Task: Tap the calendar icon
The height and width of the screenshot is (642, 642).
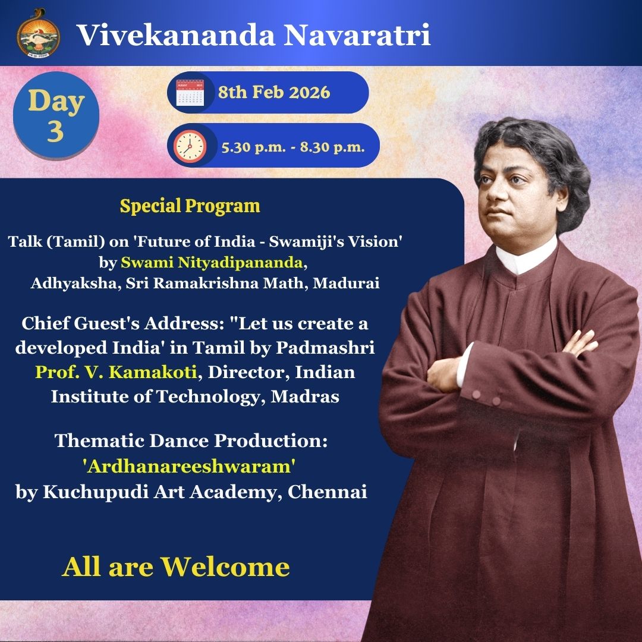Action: click(190, 93)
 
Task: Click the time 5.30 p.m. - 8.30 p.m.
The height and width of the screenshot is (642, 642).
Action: click(292, 146)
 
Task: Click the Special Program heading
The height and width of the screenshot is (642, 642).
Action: click(190, 206)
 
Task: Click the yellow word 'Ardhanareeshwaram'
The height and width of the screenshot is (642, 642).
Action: click(190, 467)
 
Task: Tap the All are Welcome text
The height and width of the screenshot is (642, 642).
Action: click(176, 567)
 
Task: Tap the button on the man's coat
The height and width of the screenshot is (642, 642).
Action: click(477, 394)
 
